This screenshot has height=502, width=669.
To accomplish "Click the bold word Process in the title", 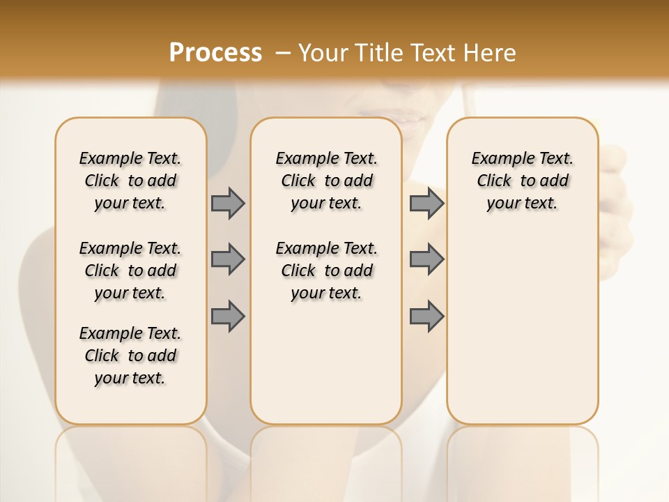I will [x=215, y=53].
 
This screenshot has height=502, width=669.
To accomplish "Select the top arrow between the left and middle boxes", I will [x=228, y=204].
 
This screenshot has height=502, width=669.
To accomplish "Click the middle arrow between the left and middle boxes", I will [x=228, y=259].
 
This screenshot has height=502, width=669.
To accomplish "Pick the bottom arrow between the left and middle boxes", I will [x=228, y=316].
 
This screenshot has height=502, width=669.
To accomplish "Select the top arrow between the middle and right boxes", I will [x=426, y=204].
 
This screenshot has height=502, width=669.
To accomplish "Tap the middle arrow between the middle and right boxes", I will [x=426, y=259].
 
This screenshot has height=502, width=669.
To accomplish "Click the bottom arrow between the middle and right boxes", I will [x=426, y=316].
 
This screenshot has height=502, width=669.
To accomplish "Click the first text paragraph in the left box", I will [x=130, y=181].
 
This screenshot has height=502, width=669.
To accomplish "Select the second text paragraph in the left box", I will [x=130, y=271].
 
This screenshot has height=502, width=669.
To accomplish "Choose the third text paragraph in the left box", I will [x=130, y=356].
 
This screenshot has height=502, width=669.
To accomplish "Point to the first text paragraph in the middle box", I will [x=326, y=181].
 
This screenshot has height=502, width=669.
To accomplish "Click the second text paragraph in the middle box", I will [x=326, y=271].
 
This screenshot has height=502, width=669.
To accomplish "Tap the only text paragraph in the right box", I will [x=522, y=181].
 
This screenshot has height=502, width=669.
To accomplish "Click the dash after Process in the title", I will [x=283, y=53].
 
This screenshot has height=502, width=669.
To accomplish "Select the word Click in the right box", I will [x=494, y=181].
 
